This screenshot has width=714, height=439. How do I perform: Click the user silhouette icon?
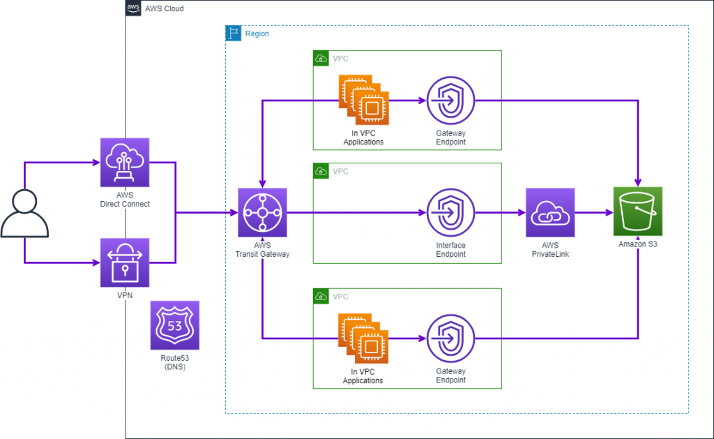(x=25, y=212)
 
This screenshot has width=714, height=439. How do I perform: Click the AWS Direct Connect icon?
(x=125, y=162)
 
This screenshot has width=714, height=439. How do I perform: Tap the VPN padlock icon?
(x=125, y=262)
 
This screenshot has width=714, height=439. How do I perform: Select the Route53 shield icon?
(x=175, y=325)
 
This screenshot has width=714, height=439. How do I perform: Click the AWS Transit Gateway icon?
(x=262, y=212)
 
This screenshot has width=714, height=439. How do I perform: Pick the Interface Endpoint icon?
(x=450, y=212)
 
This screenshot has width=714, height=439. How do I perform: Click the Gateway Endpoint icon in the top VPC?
(x=450, y=101)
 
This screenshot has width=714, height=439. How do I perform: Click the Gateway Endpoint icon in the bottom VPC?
(x=450, y=338)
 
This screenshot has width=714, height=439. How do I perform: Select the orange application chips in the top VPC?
(x=364, y=101)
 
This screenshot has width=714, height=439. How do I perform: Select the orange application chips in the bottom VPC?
(x=363, y=338)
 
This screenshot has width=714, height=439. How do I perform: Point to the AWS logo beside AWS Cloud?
(x=133, y=8)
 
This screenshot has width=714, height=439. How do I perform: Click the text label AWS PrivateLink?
(x=551, y=250)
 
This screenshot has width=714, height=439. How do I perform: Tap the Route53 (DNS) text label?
(x=175, y=362)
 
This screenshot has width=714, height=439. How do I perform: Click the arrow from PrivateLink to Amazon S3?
(x=593, y=213)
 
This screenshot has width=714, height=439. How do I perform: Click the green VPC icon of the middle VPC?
(x=321, y=171)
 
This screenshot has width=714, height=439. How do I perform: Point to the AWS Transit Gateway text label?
(x=262, y=250)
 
